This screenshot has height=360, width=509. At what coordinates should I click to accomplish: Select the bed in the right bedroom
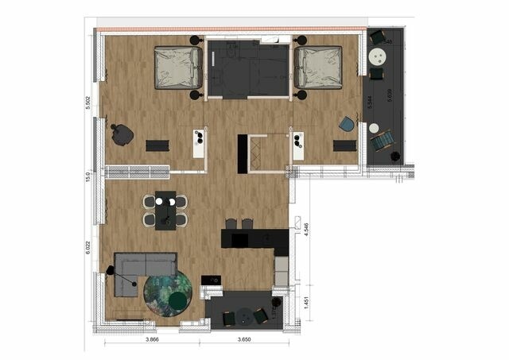tap(318, 68)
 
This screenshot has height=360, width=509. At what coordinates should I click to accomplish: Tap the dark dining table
tap(165, 210)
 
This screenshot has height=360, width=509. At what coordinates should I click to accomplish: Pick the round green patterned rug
tap(168, 295)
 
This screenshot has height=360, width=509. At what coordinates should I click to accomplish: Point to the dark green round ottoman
tap(177, 300)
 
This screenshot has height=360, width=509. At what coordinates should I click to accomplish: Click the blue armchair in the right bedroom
tap(347, 124)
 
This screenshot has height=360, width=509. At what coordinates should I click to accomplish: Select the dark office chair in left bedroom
tap(122, 135)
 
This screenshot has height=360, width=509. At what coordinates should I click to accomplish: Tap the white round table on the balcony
tap(379, 56)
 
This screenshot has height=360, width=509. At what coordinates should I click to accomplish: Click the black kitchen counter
tap(253, 238)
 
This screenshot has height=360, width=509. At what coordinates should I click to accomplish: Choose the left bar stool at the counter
tap(231, 224)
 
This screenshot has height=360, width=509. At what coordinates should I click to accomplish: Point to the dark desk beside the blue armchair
tap(344, 145)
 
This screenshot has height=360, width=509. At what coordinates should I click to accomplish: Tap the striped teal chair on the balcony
tap(383, 141)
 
